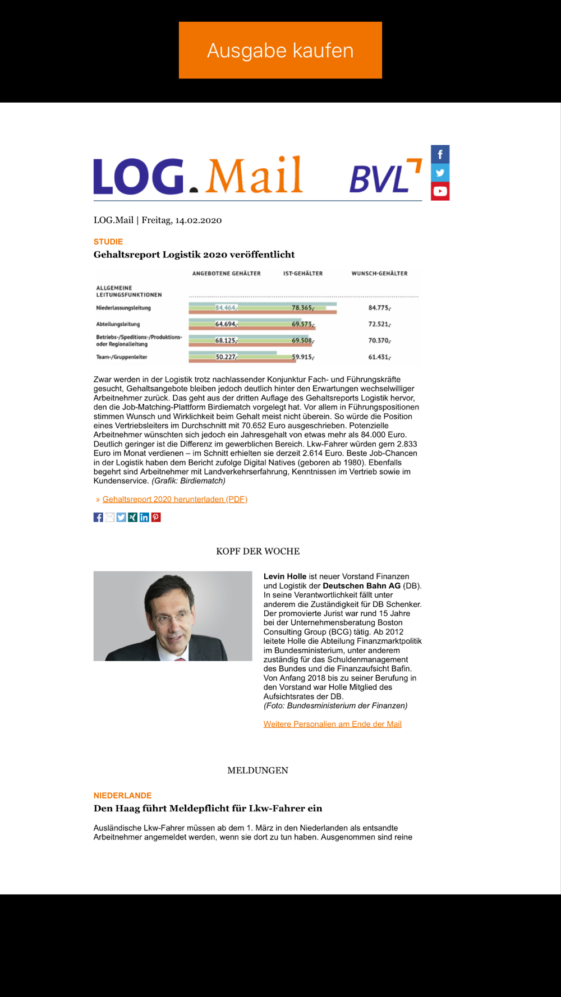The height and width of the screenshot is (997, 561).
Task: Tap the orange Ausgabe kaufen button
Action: coord(280,50)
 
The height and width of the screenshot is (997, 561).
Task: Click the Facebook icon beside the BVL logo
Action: coord(440,154)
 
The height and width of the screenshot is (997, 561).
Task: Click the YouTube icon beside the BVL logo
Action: coord(440,191)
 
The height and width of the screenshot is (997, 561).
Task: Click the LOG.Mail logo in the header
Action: coord(198,176)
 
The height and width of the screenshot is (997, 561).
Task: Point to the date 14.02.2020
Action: coord(198,220)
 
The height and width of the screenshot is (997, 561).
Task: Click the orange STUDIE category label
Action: coord(108,242)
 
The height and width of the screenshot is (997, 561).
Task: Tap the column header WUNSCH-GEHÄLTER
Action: coord(379,274)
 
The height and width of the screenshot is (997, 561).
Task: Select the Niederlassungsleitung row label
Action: coord(123,308)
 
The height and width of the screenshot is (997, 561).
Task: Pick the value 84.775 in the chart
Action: coord(379,308)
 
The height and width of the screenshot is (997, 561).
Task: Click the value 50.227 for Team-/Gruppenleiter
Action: coord(226,357)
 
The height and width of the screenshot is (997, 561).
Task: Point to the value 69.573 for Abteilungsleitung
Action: coord(302,324)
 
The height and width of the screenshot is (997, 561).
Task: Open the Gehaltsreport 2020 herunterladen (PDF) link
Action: coord(174,499)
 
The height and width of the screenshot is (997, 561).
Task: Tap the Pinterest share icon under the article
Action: coord(156,517)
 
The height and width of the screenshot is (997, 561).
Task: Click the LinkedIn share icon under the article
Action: coord(144,517)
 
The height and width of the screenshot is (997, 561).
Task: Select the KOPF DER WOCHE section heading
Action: coord(257,551)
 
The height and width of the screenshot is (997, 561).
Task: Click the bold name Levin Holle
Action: coord(285,576)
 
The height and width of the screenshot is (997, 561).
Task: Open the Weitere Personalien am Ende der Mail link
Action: coord(332,724)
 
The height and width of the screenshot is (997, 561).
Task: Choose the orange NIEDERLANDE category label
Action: coord(122,796)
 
